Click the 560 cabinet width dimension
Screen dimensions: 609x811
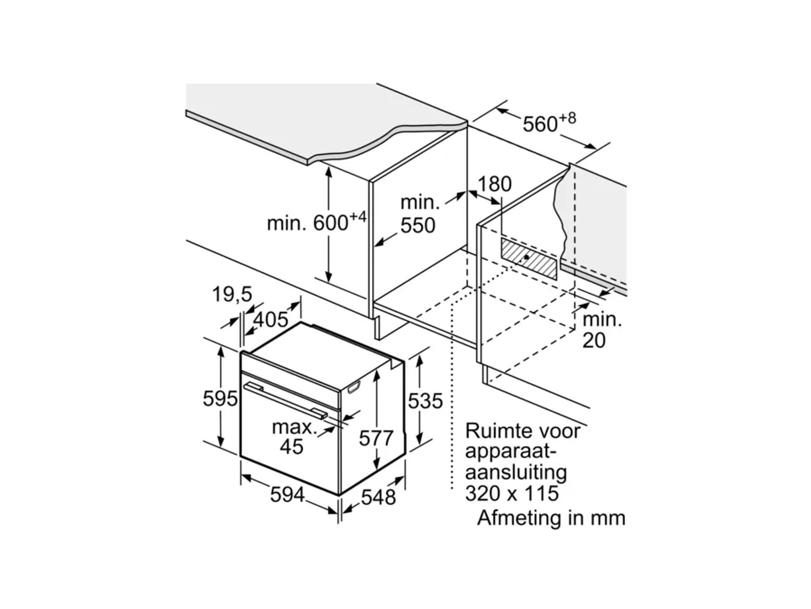[x=540, y=124]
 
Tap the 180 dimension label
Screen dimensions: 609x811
[x=495, y=184]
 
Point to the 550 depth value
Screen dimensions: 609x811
[x=418, y=225]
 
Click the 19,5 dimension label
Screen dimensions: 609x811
[x=232, y=294]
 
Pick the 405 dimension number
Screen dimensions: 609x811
[x=270, y=320]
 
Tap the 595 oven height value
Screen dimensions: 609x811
[x=220, y=398]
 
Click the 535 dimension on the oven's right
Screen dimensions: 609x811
[x=425, y=401]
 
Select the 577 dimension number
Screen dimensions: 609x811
[x=376, y=438]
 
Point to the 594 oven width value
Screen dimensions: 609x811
[x=287, y=495]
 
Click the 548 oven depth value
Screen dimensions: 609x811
[x=378, y=497]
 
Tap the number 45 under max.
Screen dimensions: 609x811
[x=291, y=447]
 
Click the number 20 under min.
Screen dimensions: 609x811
[x=594, y=341]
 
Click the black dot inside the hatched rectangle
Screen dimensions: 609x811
[x=526, y=257]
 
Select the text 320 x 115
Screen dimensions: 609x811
[x=512, y=493]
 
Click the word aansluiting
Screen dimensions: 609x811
[x=516, y=472]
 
